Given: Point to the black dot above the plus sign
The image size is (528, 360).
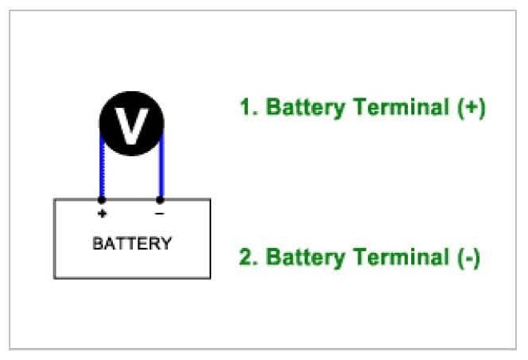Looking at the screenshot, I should (x=102, y=199).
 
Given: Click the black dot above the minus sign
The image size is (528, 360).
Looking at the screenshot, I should (x=161, y=199).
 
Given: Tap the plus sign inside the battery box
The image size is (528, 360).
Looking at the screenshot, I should (x=102, y=214).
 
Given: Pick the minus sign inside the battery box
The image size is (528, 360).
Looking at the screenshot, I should (x=160, y=214).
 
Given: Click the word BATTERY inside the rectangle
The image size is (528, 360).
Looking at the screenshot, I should (x=132, y=243).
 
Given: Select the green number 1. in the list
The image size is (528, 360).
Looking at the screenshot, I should (x=248, y=108).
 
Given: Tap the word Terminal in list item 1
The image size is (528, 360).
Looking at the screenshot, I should (x=398, y=108).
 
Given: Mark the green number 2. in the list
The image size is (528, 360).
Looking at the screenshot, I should (x=248, y=258).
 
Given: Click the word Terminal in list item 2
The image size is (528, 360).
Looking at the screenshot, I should (x=398, y=258).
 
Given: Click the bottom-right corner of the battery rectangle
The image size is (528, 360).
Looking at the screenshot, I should (x=210, y=278).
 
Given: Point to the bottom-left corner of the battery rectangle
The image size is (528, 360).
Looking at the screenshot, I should (x=54, y=278).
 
